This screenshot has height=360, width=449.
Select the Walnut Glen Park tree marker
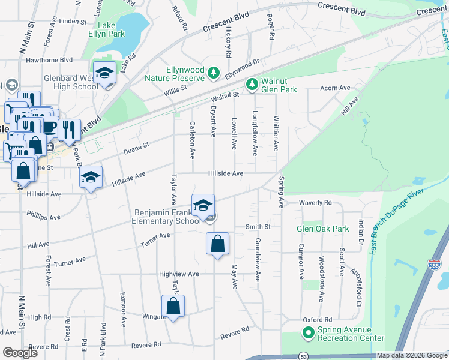coord(252,83)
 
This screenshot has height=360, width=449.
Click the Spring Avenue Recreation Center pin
coord(308,333)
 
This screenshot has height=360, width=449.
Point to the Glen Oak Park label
coord(322,229)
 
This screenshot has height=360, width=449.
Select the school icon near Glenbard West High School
coord(105,74)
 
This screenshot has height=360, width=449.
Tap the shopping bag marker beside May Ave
coord(217,244)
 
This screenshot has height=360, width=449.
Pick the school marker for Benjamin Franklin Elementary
coord(203,205)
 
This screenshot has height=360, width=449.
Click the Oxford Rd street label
coord(318,320)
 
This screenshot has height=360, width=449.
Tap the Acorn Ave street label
coord(335,88)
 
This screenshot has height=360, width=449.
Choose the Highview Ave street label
coord(179,274)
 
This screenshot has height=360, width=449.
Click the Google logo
coord(20,353)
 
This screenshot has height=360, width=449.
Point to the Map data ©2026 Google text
coord(412,355)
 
